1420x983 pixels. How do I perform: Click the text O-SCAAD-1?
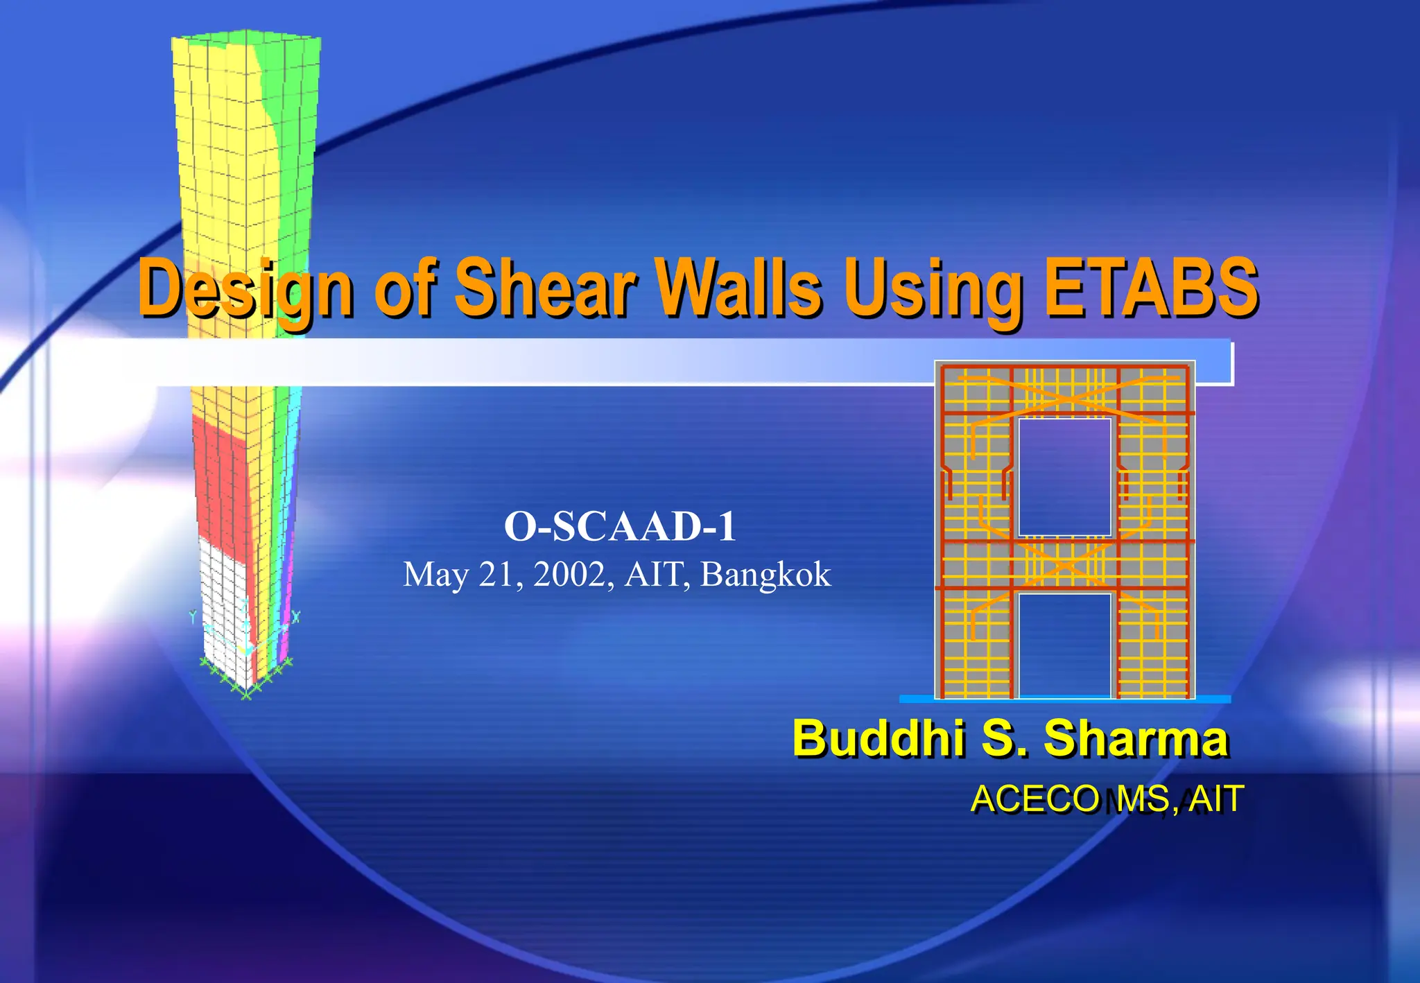click(x=620, y=526)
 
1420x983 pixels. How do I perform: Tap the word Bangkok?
click(x=765, y=575)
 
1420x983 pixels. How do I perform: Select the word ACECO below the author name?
click(x=1034, y=799)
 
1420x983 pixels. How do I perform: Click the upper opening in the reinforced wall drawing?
click(x=1064, y=477)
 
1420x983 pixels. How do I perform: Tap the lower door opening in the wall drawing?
click(x=1064, y=645)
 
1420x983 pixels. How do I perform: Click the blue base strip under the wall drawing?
click(x=1064, y=699)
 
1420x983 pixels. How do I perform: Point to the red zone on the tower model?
click(x=218, y=478)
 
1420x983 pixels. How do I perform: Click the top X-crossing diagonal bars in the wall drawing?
click(x=1064, y=395)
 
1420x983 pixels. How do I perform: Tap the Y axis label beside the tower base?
click(x=193, y=616)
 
